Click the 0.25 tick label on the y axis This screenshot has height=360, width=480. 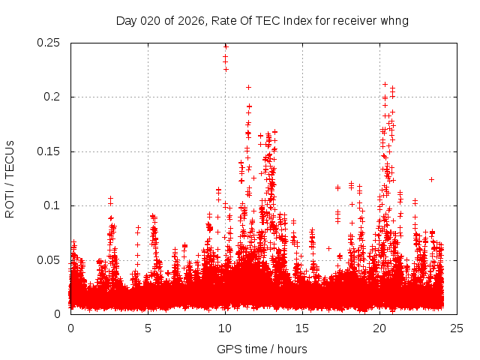(49, 43)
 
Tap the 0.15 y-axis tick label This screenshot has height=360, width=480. (49, 151)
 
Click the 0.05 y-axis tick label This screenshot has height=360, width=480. (49, 259)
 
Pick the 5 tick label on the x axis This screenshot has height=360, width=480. (148, 328)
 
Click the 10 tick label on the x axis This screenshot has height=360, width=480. (225, 328)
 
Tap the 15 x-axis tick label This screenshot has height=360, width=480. (303, 328)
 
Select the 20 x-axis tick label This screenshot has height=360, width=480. (380, 328)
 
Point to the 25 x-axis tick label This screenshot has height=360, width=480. (457, 328)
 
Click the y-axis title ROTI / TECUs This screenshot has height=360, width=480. (10, 178)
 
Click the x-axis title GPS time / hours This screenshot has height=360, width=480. (262, 349)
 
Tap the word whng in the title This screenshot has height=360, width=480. (394, 20)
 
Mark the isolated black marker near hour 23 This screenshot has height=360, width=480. (431, 179)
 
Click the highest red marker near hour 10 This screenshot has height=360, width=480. (225, 46)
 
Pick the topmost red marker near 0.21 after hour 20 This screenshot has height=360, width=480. (385, 84)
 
